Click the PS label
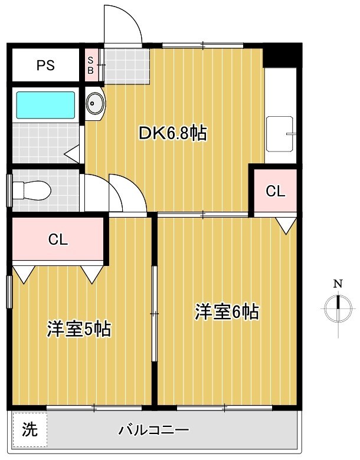[x=45, y=65]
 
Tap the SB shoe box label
[x=90, y=65]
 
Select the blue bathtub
[x=45, y=105]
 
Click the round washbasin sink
[x=94, y=104]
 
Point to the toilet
[x=32, y=190]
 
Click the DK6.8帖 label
[x=172, y=133]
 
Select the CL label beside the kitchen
[x=275, y=191]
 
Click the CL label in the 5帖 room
[x=58, y=239]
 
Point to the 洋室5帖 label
[x=79, y=329]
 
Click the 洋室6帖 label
[x=227, y=311]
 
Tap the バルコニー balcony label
[x=153, y=430]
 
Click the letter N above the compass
[x=338, y=284]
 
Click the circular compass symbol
[x=338, y=305]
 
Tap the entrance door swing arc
[x=123, y=24]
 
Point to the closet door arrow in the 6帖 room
[x=286, y=225]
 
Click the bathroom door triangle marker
[x=73, y=155]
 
